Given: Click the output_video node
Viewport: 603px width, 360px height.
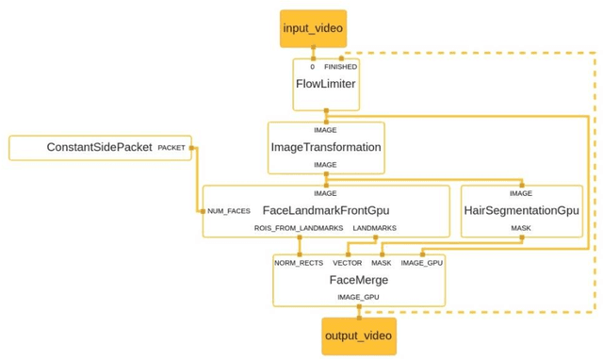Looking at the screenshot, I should point(358,335).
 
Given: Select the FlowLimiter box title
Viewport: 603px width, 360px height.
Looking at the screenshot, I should point(325,84).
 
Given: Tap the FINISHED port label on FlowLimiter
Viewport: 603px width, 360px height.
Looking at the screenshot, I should point(340,67).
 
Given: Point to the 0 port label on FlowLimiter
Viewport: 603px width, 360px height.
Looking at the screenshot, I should point(312,67).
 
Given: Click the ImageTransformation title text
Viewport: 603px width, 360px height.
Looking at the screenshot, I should point(326,147).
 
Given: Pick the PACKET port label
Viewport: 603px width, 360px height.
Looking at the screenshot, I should point(171,148).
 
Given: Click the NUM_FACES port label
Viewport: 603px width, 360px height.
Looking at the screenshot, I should point(229,211).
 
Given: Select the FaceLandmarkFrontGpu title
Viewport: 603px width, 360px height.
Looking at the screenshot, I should point(325,210).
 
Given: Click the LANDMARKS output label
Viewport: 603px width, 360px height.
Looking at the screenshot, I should point(374,229).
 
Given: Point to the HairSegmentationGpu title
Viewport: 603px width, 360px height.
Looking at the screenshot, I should point(521,210).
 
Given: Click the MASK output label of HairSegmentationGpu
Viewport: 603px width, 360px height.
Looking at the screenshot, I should point(521,229).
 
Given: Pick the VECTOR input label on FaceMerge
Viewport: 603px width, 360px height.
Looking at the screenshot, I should point(348,263).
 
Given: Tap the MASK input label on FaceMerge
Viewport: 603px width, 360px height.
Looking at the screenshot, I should point(382,263).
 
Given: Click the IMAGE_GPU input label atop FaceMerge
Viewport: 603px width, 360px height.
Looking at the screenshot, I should point(421,263).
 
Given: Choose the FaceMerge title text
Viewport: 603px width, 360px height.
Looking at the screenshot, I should point(358,280).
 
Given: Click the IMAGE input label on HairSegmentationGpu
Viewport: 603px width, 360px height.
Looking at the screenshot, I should point(521,193).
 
